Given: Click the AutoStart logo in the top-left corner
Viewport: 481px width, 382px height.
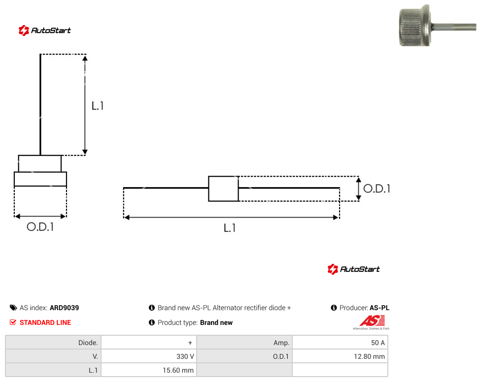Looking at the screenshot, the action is pos(44,31).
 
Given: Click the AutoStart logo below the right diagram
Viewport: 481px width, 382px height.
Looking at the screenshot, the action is pos(353,269).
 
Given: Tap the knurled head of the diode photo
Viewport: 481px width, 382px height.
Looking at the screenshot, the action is pos(414,26).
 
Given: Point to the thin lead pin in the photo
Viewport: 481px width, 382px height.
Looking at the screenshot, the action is pos(454,27).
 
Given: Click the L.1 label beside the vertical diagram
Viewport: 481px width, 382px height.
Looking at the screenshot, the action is pos(98,106).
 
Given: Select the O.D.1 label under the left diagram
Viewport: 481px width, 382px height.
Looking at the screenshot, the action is pos(40,227).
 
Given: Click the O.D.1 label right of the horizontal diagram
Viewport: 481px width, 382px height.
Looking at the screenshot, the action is pos(377,189).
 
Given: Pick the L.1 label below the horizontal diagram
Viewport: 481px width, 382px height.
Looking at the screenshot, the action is pos(230,228).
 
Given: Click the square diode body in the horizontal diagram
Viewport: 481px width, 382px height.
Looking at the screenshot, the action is pos(223,189).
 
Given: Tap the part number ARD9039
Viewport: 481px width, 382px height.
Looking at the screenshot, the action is pos(65,308).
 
